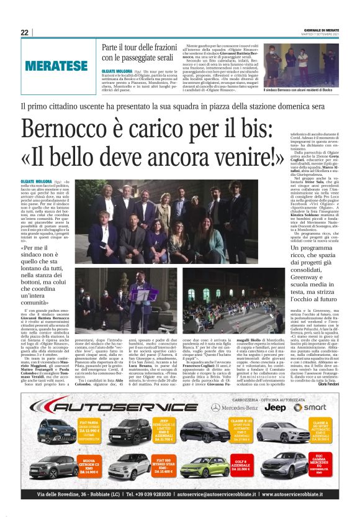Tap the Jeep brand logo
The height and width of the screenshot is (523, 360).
(x=277, y=407)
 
